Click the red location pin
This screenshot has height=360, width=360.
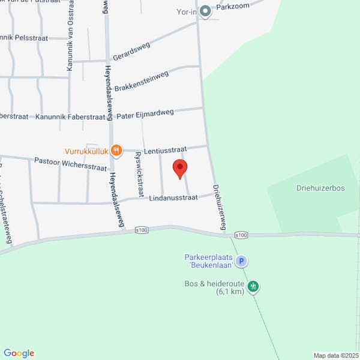coord(180,169)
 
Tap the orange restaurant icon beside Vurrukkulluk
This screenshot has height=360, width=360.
coord(116,151)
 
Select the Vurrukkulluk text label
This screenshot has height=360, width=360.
coord(86,152)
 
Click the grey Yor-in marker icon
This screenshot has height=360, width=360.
coord(206,11)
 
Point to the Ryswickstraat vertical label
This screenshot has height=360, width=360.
coord(139,174)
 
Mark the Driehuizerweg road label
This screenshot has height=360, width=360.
coord(218,204)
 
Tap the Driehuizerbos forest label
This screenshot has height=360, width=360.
coord(320,188)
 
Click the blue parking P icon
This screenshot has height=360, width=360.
coord(241,261)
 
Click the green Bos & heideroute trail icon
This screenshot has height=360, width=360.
coord(254,286)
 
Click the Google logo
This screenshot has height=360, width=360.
coord(19,353)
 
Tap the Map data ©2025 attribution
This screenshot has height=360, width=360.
coord(335,355)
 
